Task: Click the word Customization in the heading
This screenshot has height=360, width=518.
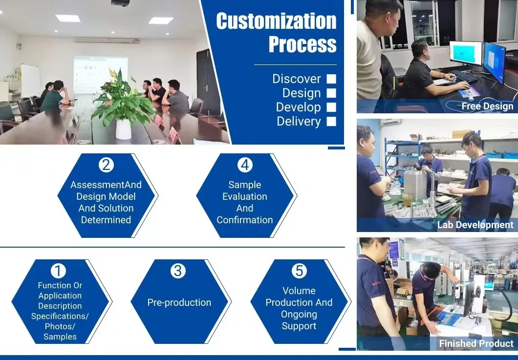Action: click(276, 21)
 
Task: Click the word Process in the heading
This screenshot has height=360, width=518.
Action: click(302, 44)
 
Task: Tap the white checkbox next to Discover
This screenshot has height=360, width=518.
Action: click(331, 79)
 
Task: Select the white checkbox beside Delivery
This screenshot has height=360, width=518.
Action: click(331, 121)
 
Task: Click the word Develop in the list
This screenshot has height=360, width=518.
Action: click(298, 107)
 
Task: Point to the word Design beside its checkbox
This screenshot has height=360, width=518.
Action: click(302, 93)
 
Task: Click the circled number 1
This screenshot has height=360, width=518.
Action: click(58, 271)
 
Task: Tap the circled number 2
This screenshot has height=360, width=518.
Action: click(106, 165)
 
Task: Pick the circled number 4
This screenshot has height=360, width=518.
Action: click(245, 165)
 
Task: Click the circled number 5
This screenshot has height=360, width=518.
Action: click(299, 271)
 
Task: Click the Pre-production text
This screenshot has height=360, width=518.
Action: click(179, 302)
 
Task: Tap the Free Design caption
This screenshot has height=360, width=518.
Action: click(487, 106)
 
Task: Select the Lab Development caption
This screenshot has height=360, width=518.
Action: click(475, 225)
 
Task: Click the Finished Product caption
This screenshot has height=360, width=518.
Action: click(476, 343)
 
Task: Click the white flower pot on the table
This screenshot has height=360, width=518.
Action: click(123, 129)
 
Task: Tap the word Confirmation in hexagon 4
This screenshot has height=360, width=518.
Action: click(245, 220)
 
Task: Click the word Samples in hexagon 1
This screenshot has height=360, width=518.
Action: click(60, 337)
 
